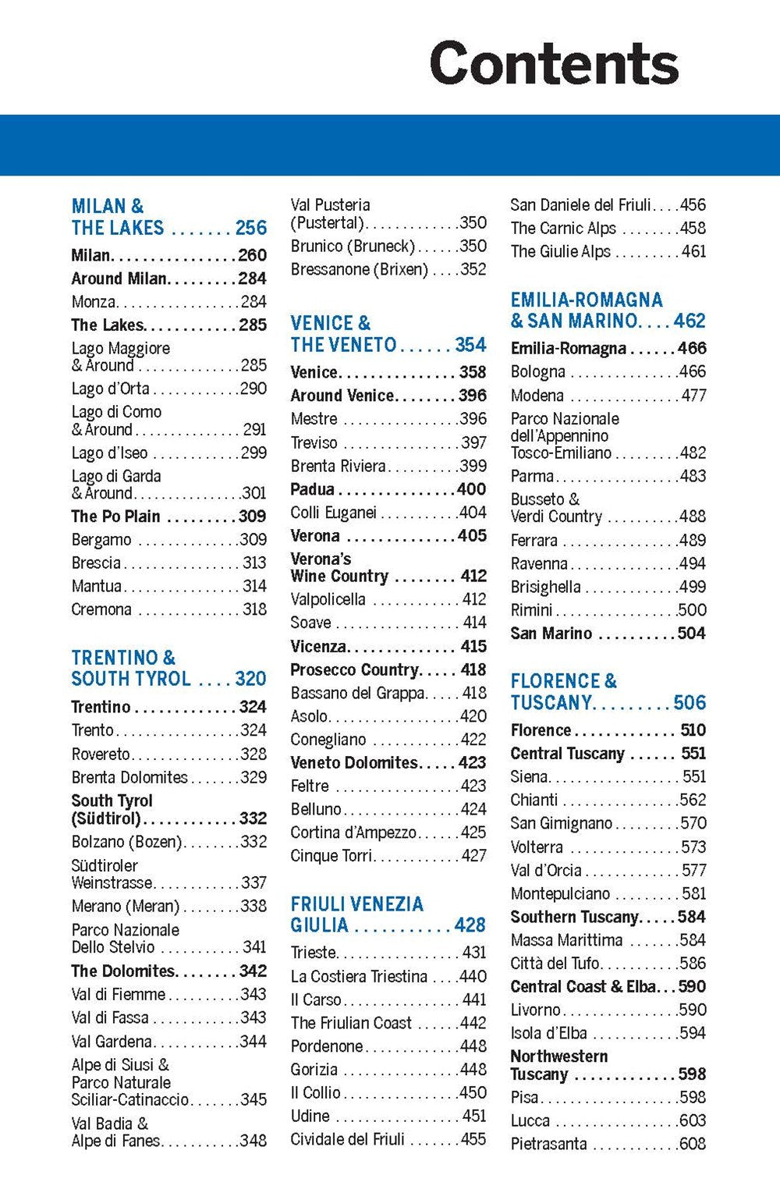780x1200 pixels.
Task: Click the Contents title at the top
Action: [x=554, y=63]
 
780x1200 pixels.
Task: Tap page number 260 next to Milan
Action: [x=252, y=255]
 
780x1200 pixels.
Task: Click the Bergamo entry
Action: [x=101, y=540]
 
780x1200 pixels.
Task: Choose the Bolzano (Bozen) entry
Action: [x=126, y=842]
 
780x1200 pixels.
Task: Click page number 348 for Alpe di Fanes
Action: [x=253, y=1141]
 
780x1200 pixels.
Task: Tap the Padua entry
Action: [x=312, y=489]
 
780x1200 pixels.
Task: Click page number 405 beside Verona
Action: [x=472, y=536]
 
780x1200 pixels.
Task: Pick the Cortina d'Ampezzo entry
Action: [x=353, y=833]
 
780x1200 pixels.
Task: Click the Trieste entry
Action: [x=314, y=953]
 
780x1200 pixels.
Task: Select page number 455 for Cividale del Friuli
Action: [x=473, y=1139]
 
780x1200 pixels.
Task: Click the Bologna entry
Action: [x=538, y=372]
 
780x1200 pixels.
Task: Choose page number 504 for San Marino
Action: [x=691, y=634]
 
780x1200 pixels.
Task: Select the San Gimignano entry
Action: [x=562, y=823]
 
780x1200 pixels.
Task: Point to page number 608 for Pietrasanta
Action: [x=693, y=1144]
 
